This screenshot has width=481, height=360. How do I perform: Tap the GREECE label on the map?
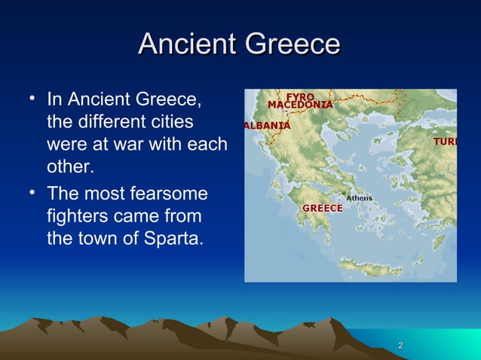(323, 208)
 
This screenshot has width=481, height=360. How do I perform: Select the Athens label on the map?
(360, 198)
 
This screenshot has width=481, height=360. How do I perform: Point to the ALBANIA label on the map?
(266, 125)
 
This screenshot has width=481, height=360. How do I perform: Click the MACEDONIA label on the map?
(301, 105)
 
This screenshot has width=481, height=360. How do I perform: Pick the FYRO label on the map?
(299, 96)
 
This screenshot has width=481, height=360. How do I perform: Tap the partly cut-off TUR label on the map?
(444, 142)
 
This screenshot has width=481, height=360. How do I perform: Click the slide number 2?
(400, 345)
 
